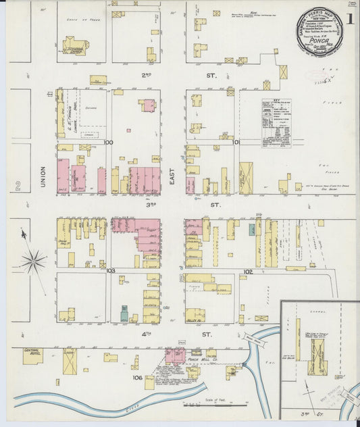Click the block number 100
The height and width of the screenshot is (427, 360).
[108, 143]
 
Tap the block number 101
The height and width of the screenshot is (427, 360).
[236, 143]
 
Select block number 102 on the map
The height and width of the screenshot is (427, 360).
[248, 272]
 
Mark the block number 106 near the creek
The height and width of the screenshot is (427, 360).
[137, 378]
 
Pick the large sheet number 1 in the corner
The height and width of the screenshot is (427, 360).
[351, 19]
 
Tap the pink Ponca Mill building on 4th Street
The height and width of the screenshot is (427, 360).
[175, 354]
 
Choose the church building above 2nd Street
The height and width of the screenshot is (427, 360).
[74, 47]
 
